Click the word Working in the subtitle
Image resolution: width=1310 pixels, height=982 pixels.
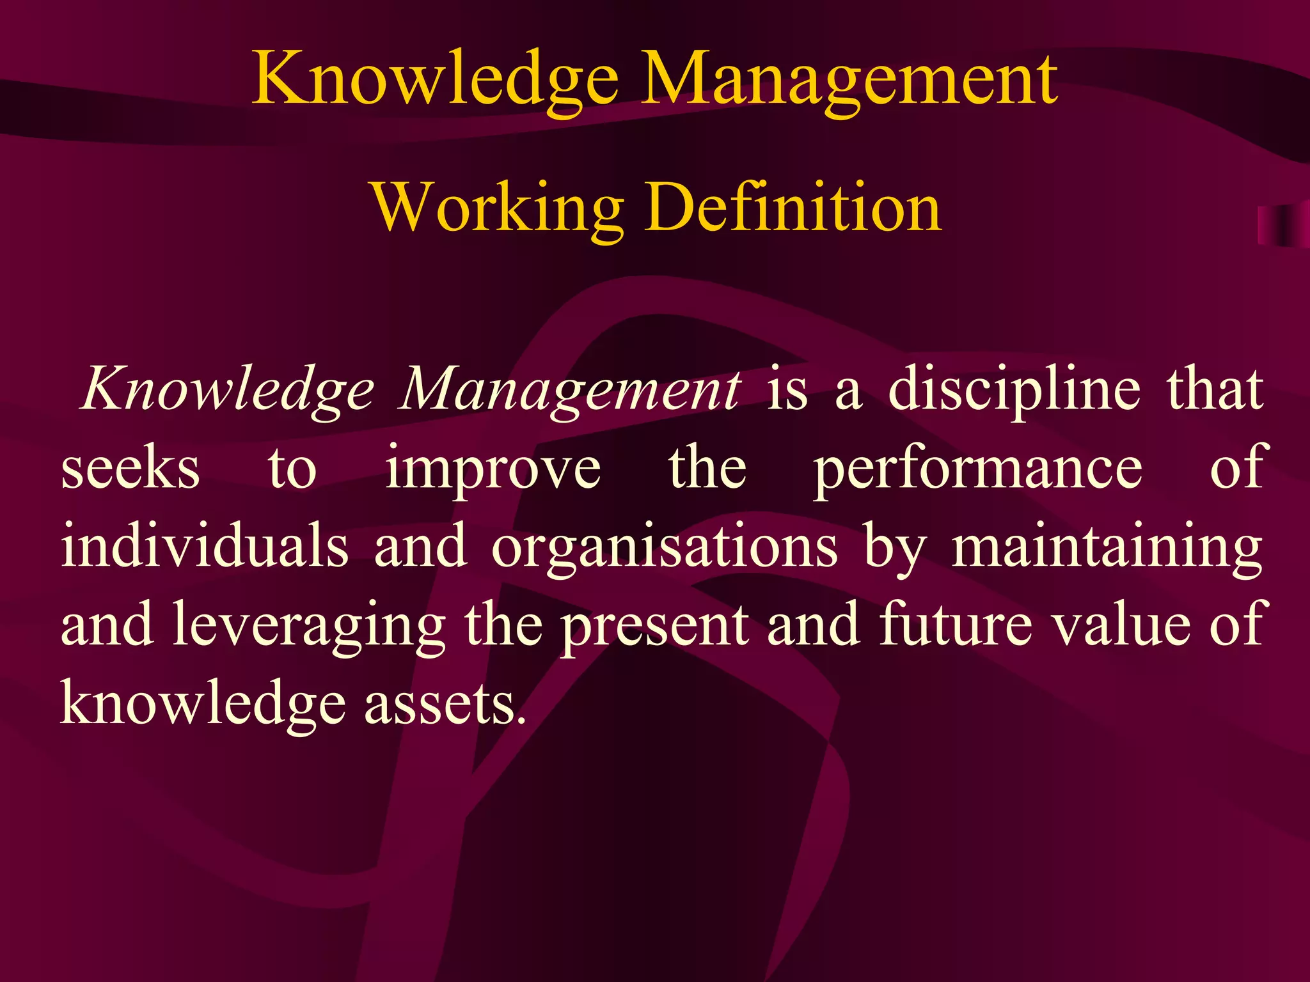click(x=498, y=208)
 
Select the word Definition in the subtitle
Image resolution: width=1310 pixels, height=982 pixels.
click(x=793, y=208)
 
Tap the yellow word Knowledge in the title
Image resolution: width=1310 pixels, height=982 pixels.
click(x=435, y=80)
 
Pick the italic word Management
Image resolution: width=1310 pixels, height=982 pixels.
click(x=569, y=390)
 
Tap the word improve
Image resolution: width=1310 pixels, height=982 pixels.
click(x=493, y=470)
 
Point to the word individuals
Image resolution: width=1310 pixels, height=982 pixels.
click(x=205, y=547)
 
